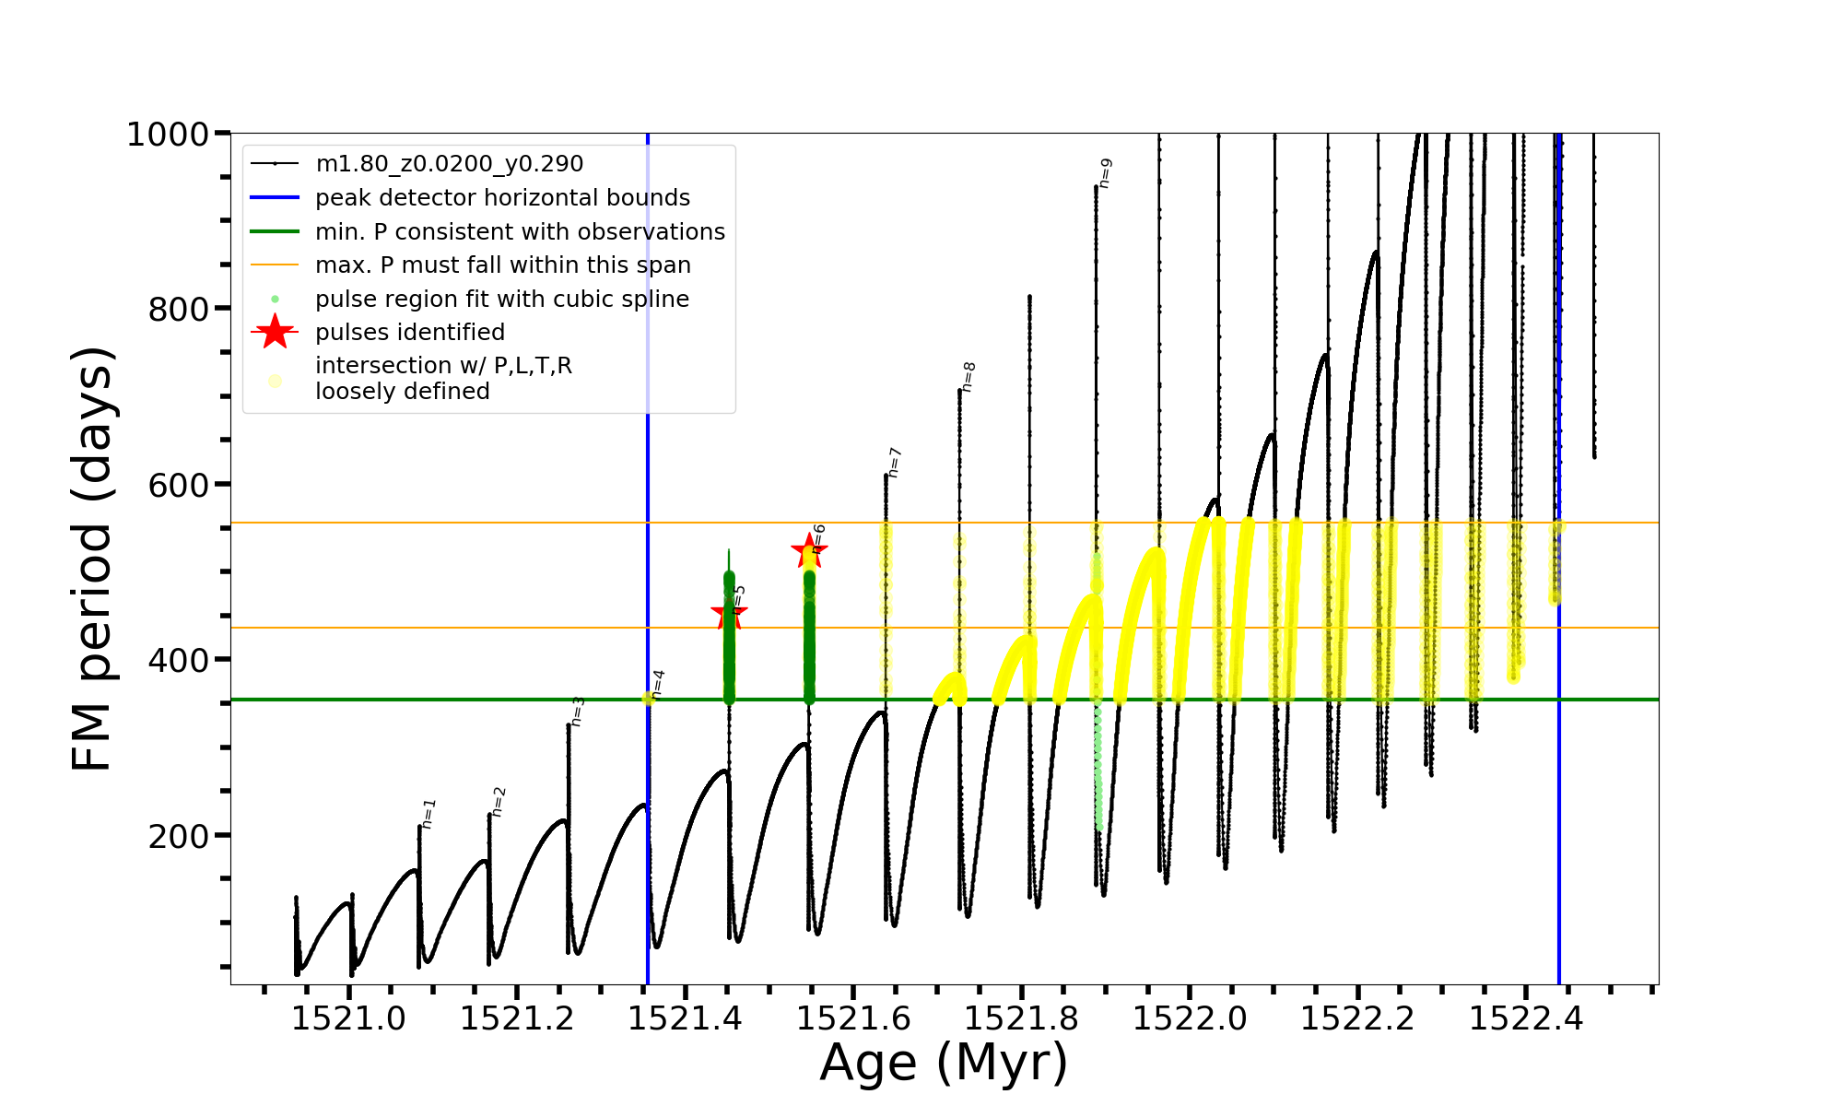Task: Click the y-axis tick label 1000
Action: tap(168, 135)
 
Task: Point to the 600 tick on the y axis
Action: tap(178, 485)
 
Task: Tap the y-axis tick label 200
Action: tap(178, 836)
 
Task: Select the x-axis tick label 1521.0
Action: tap(348, 1018)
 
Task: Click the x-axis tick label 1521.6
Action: tap(853, 1018)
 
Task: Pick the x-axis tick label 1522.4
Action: tap(1526, 1018)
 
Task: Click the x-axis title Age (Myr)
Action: tap(944, 1063)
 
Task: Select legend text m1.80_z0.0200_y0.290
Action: tap(449, 164)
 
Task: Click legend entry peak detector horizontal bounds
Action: tap(502, 198)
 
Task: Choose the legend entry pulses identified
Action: tap(410, 333)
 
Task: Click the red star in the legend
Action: tap(275, 332)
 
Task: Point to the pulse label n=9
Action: tap(1106, 172)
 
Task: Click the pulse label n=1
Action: tap(428, 813)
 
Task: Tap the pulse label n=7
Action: tap(894, 463)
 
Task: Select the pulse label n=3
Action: tap(577, 711)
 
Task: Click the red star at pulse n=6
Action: tap(808, 551)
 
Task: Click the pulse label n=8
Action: tap(968, 376)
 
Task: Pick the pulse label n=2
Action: tap(499, 801)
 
